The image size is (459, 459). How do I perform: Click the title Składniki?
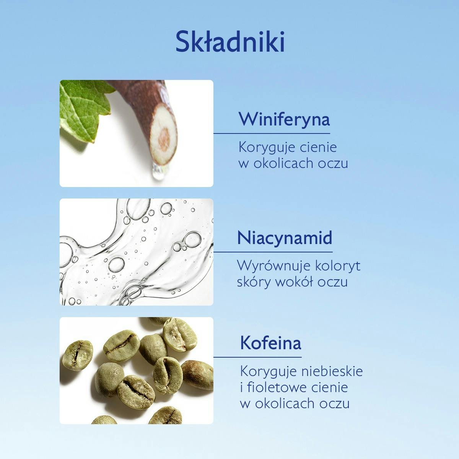tap(230, 42)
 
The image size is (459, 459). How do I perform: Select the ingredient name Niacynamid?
tap(285, 238)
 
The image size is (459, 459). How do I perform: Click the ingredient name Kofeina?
tap(270, 343)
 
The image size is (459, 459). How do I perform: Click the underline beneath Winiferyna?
tap(272, 133)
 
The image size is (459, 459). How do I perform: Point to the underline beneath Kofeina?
tap(257, 357)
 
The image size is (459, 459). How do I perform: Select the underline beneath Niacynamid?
tap(273, 252)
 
